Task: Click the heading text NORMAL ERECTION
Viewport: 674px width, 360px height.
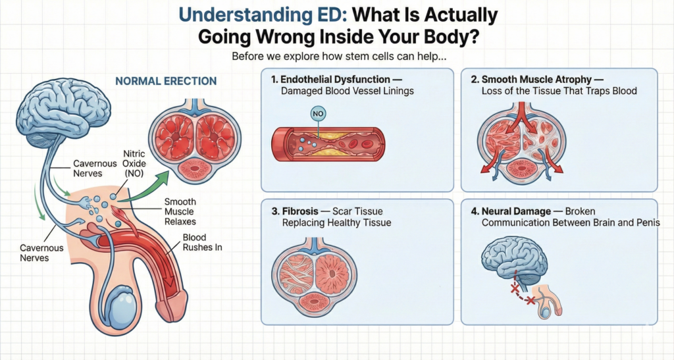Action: coord(166,82)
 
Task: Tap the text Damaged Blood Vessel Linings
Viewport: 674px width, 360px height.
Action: coord(347,91)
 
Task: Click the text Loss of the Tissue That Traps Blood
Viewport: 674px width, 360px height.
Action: coord(559,91)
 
